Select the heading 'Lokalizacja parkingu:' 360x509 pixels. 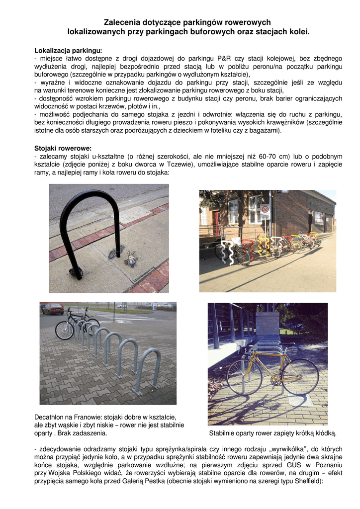tap(68, 51)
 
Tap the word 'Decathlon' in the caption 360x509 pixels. tap(51, 417)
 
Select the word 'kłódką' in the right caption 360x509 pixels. tap(326, 433)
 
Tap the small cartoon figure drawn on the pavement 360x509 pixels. tap(131, 258)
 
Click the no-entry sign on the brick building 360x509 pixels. tap(265, 210)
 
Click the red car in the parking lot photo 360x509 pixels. tap(52, 309)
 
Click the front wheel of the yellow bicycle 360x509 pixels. tap(300, 376)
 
